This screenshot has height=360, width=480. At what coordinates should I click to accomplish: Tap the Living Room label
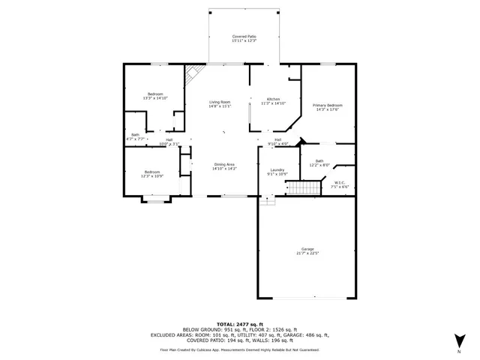click(x=219, y=102)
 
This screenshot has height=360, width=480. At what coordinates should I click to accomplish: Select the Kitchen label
click(x=274, y=100)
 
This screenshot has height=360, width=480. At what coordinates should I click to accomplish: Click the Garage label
click(x=307, y=249)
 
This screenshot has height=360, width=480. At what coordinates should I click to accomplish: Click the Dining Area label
click(x=225, y=165)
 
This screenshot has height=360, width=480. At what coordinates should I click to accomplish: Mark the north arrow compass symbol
click(x=459, y=343)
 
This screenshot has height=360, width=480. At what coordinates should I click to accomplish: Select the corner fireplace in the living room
click(x=193, y=74)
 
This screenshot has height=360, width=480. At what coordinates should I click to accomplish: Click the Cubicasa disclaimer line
click(x=239, y=349)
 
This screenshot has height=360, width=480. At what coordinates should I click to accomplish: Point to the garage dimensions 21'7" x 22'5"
click(x=307, y=253)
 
